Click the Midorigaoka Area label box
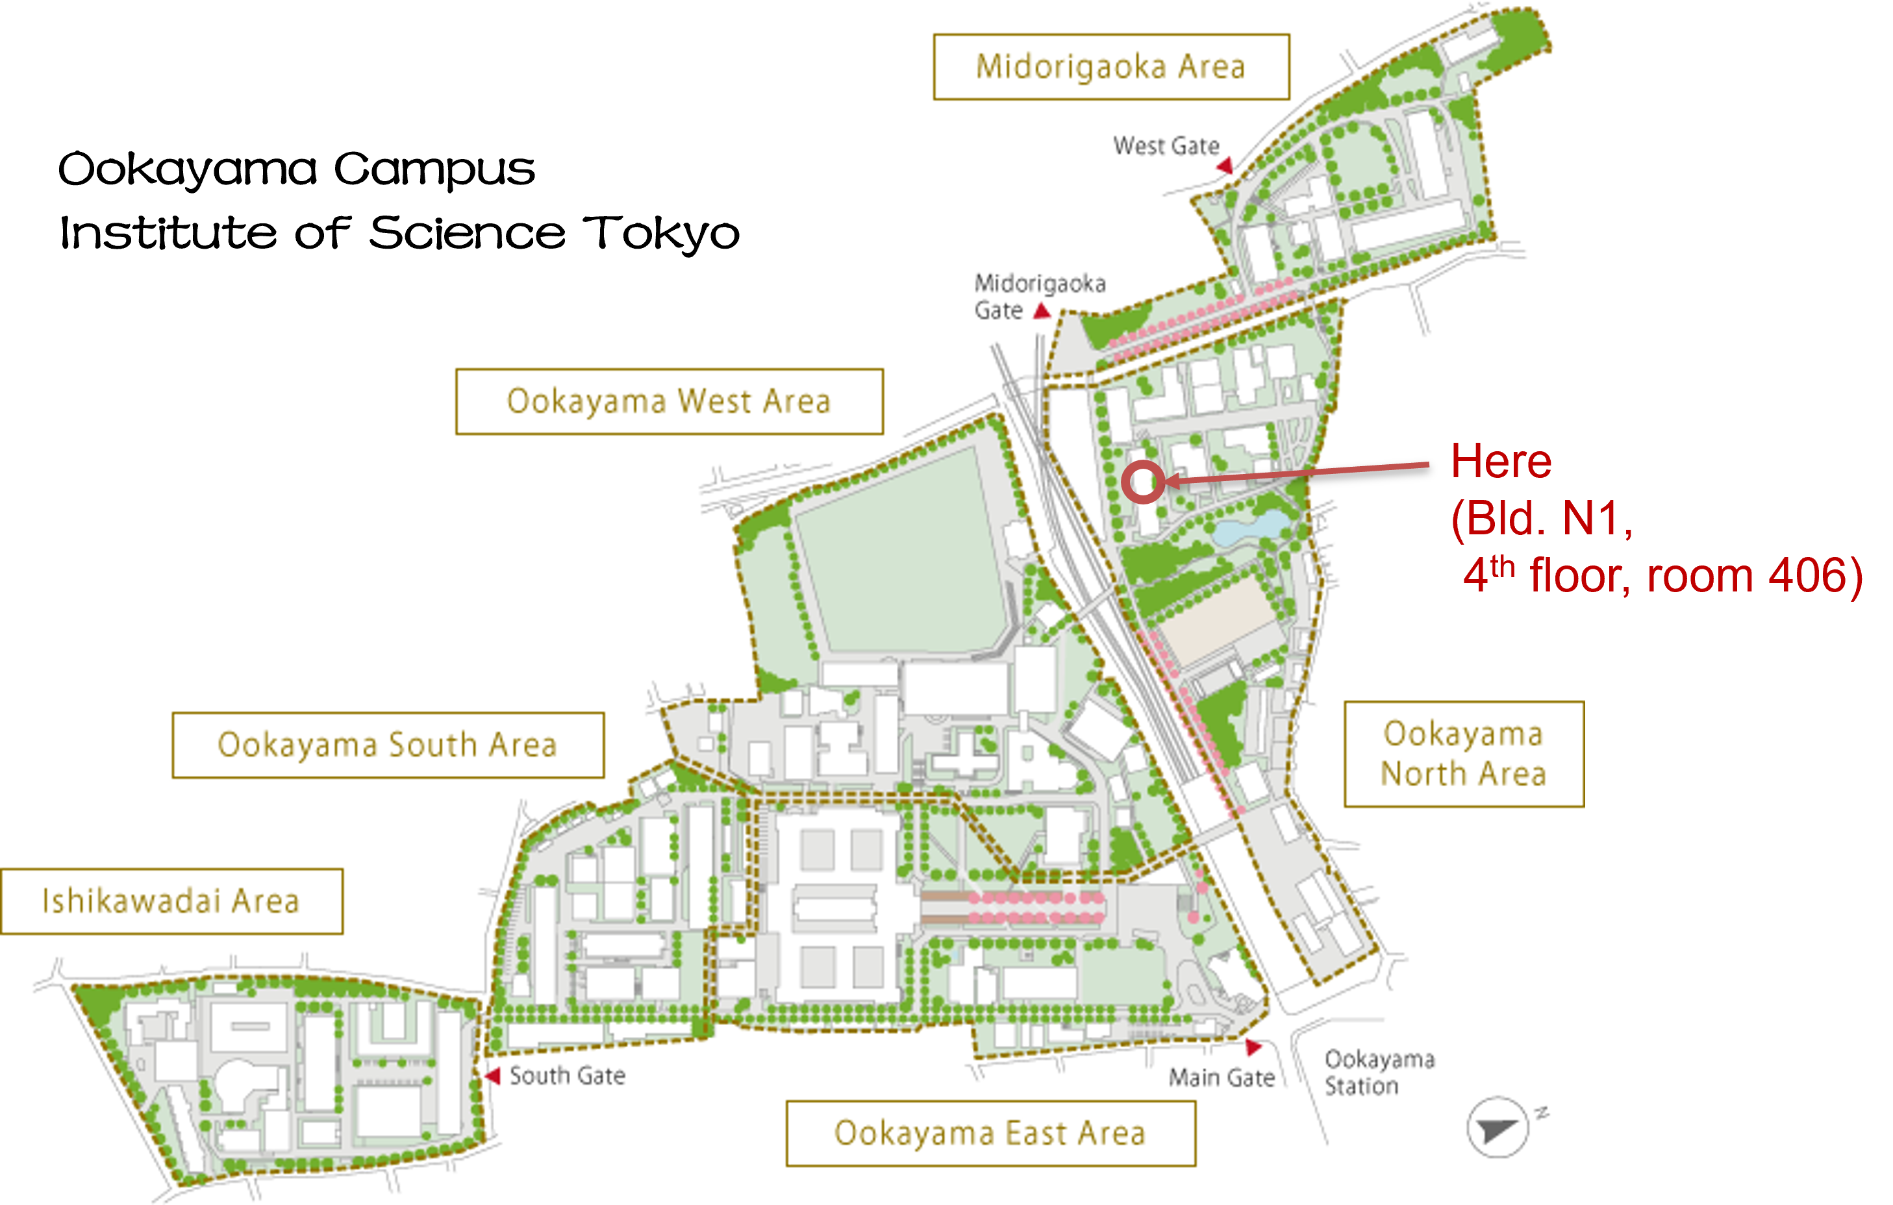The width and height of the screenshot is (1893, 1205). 1111,67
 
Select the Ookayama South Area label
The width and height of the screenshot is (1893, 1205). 388,745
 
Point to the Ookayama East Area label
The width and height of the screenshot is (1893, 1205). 990,1134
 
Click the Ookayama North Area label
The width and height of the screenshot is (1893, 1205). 1463,754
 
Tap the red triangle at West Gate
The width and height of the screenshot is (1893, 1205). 1225,166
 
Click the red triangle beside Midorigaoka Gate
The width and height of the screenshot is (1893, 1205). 1042,311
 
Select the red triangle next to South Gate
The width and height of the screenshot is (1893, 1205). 494,1075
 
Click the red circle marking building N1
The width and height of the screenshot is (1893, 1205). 1142,482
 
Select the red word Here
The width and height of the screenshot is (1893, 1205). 1501,462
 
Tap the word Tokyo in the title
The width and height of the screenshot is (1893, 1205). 661,234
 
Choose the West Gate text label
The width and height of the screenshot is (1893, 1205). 1166,146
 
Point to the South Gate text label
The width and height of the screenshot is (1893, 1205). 567,1075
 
